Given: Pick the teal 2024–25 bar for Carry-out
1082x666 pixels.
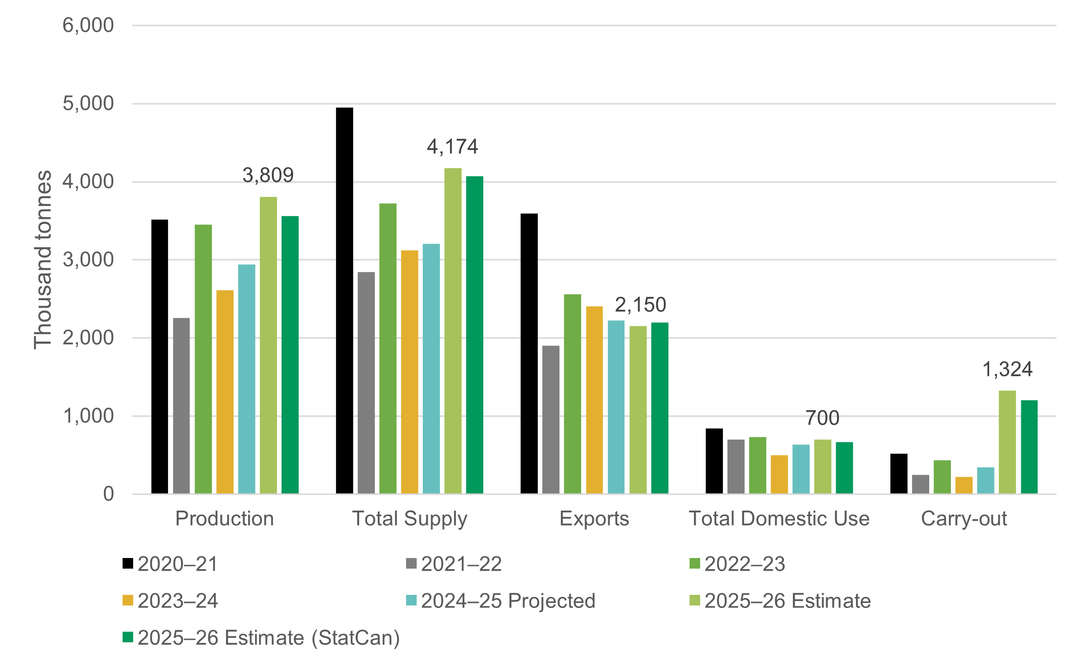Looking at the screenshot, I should (985, 480).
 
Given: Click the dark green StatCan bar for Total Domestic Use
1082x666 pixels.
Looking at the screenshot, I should (844, 468).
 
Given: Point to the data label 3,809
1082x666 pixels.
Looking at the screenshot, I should (268, 176).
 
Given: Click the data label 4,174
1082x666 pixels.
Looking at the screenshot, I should (452, 147).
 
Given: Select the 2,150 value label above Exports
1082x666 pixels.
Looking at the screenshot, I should (640, 305).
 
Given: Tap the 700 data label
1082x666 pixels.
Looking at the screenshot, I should (822, 418).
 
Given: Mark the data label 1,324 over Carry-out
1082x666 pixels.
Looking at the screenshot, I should (1007, 370).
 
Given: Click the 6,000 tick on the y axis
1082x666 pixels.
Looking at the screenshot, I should (88, 25).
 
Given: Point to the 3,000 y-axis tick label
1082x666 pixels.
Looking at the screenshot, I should (88, 260).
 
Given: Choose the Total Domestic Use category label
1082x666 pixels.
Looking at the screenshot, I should (779, 519).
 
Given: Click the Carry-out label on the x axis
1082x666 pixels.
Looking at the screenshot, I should (963, 519).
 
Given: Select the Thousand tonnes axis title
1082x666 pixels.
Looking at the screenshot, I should (43, 260).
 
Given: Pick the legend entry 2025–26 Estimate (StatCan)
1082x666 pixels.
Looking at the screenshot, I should (268, 638).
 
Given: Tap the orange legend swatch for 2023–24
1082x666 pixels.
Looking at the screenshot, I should (128, 600).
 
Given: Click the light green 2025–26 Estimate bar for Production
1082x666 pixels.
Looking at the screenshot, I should (268, 345).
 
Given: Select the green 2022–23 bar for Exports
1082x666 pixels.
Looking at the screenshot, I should (573, 394).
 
